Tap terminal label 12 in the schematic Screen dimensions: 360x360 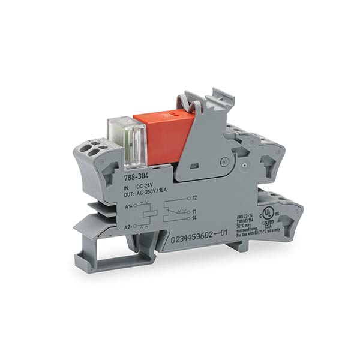click(x=196, y=198)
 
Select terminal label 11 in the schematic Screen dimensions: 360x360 click(x=196, y=212)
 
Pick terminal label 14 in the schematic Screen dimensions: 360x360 click(x=196, y=219)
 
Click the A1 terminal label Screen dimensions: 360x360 click(x=128, y=206)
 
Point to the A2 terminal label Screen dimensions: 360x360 click(x=128, y=226)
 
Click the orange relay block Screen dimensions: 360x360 click(x=162, y=137)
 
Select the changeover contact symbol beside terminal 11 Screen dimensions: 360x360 click(x=176, y=211)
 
